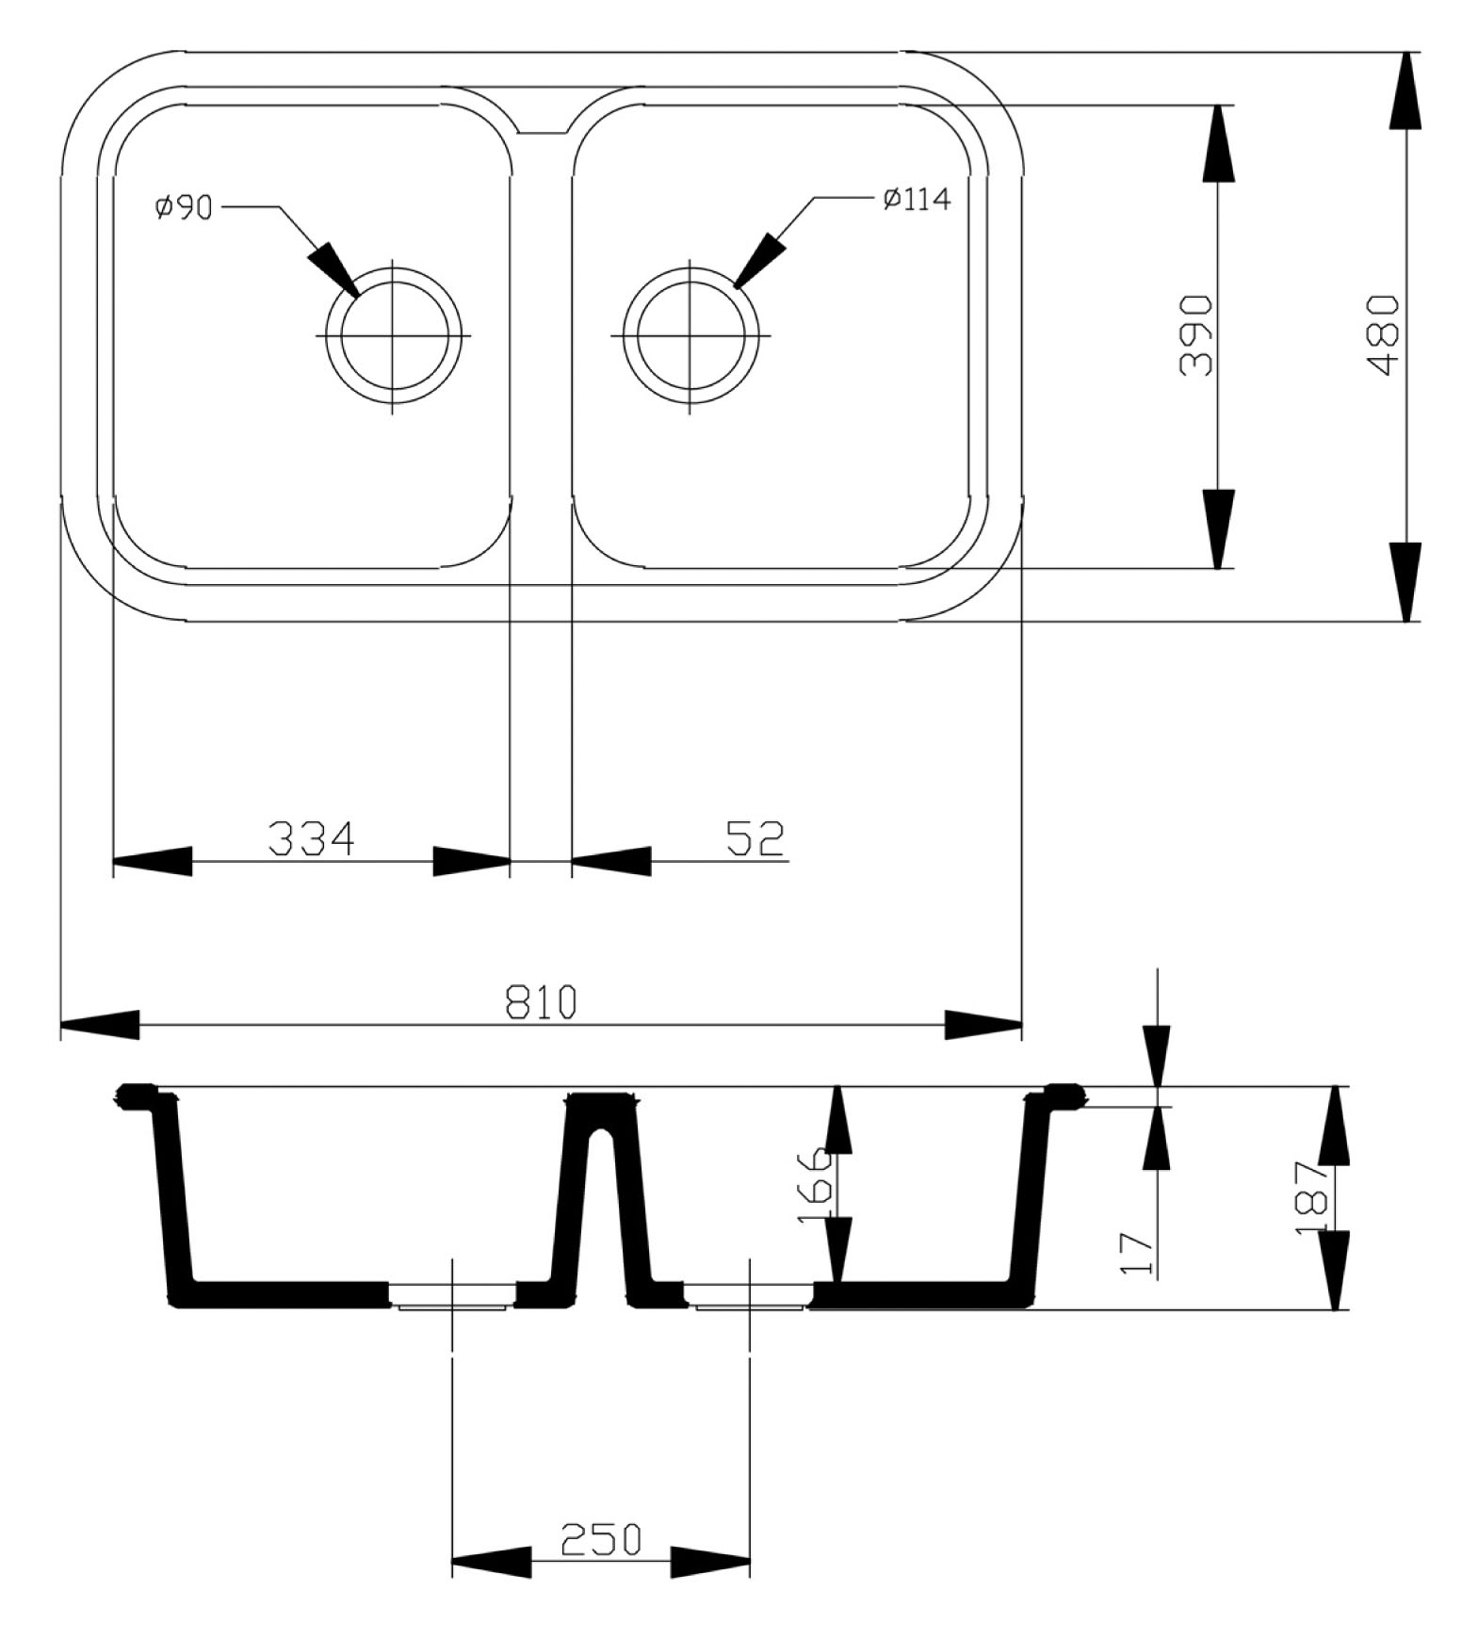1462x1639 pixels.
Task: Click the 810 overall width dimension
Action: pyautogui.click(x=541, y=1002)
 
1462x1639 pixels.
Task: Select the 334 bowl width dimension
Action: pyautogui.click(x=312, y=838)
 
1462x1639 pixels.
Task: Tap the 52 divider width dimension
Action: pyautogui.click(x=755, y=838)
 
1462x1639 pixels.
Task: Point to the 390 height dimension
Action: pyautogui.click(x=1196, y=336)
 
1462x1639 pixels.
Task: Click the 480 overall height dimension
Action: pyautogui.click(x=1383, y=336)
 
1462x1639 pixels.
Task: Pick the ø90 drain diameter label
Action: pyautogui.click(x=185, y=207)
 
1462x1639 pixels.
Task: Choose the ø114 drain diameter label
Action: pyautogui.click(x=917, y=200)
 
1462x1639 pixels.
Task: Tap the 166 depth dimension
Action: pyautogui.click(x=815, y=1186)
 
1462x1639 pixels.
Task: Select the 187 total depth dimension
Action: pyautogui.click(x=1311, y=1198)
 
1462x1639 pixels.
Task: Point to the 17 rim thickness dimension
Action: pyautogui.click(x=1138, y=1252)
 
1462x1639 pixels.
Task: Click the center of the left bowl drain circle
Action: pyautogui.click(x=393, y=335)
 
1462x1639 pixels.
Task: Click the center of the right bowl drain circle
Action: pyautogui.click(x=690, y=335)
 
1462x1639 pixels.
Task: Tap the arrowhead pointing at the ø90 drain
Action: pyautogui.click(x=333, y=268)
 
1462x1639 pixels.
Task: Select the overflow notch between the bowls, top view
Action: pyautogui.click(x=542, y=125)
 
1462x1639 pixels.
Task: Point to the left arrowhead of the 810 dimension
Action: pyautogui.click(x=100, y=1025)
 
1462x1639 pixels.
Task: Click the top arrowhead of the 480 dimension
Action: pyautogui.click(x=1405, y=90)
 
